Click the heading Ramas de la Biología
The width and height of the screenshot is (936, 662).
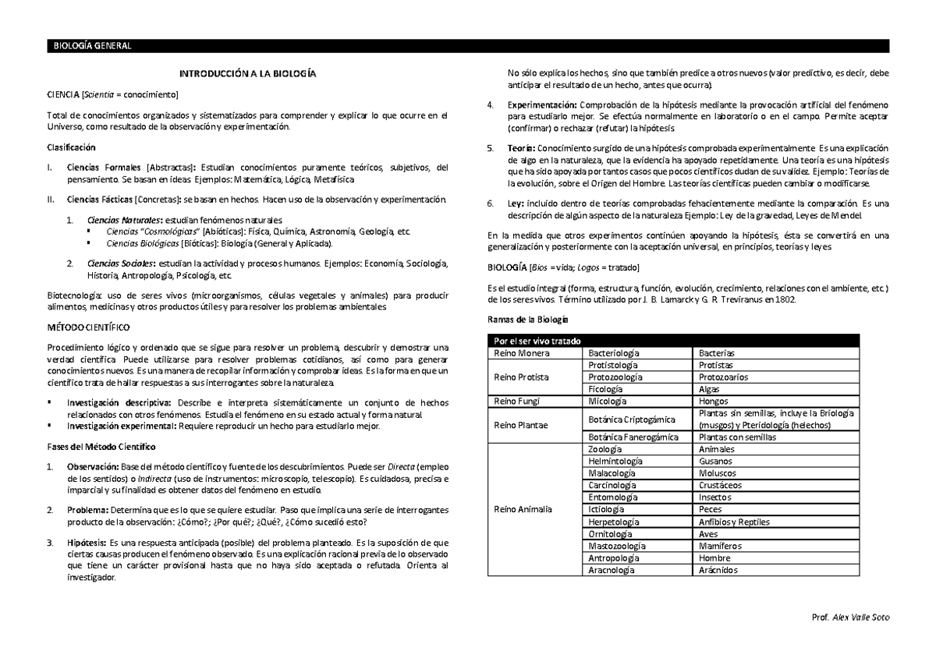[528, 320]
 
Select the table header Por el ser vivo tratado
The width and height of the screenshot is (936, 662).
[533, 342]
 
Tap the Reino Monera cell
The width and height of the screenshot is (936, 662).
[517, 353]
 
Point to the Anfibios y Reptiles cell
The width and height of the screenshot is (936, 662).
[735, 522]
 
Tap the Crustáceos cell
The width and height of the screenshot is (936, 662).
[721, 485]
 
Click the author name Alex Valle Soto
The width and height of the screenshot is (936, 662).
[856, 618]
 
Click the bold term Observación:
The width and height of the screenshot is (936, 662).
[92, 467]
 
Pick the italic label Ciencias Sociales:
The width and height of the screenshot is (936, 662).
[121, 263]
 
